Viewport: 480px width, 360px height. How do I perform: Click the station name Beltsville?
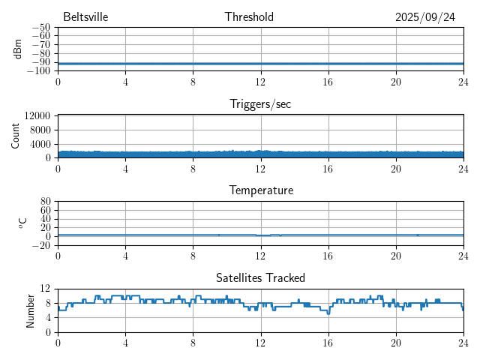point(85,17)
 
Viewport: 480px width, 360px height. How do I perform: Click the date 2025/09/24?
point(425,17)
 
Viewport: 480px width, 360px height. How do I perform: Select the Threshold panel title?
point(249,17)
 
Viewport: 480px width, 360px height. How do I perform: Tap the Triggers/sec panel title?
point(260,104)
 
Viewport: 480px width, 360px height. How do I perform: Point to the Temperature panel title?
point(260,190)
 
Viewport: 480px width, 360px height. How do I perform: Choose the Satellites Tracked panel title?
point(260,278)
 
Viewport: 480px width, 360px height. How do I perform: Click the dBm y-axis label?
point(17,49)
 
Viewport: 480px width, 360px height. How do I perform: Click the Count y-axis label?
point(15,136)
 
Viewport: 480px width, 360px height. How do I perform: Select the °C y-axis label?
point(23,223)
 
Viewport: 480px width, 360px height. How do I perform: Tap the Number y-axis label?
point(31,310)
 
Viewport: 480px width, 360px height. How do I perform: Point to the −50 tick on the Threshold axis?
point(40,28)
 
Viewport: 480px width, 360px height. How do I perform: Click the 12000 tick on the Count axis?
point(37,115)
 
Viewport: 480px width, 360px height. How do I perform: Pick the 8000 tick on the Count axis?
point(40,130)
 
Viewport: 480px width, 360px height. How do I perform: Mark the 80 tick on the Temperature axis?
point(45,202)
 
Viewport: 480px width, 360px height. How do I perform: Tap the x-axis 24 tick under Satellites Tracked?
point(463,343)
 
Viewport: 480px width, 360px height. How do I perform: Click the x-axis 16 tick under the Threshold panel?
point(328,81)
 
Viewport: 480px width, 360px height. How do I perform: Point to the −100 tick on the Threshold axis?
point(37,71)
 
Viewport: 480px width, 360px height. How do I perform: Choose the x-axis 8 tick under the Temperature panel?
point(193,256)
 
